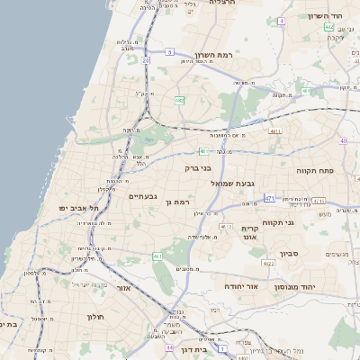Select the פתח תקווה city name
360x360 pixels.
coord(315,168)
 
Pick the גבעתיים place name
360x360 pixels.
coord(144,196)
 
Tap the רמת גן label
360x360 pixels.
coord(182,203)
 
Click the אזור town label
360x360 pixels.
coord(125,288)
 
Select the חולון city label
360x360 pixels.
coord(96,317)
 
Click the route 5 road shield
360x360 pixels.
coord(169,52)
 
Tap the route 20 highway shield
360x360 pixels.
coord(146,61)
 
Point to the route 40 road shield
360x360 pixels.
coord(344,141)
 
